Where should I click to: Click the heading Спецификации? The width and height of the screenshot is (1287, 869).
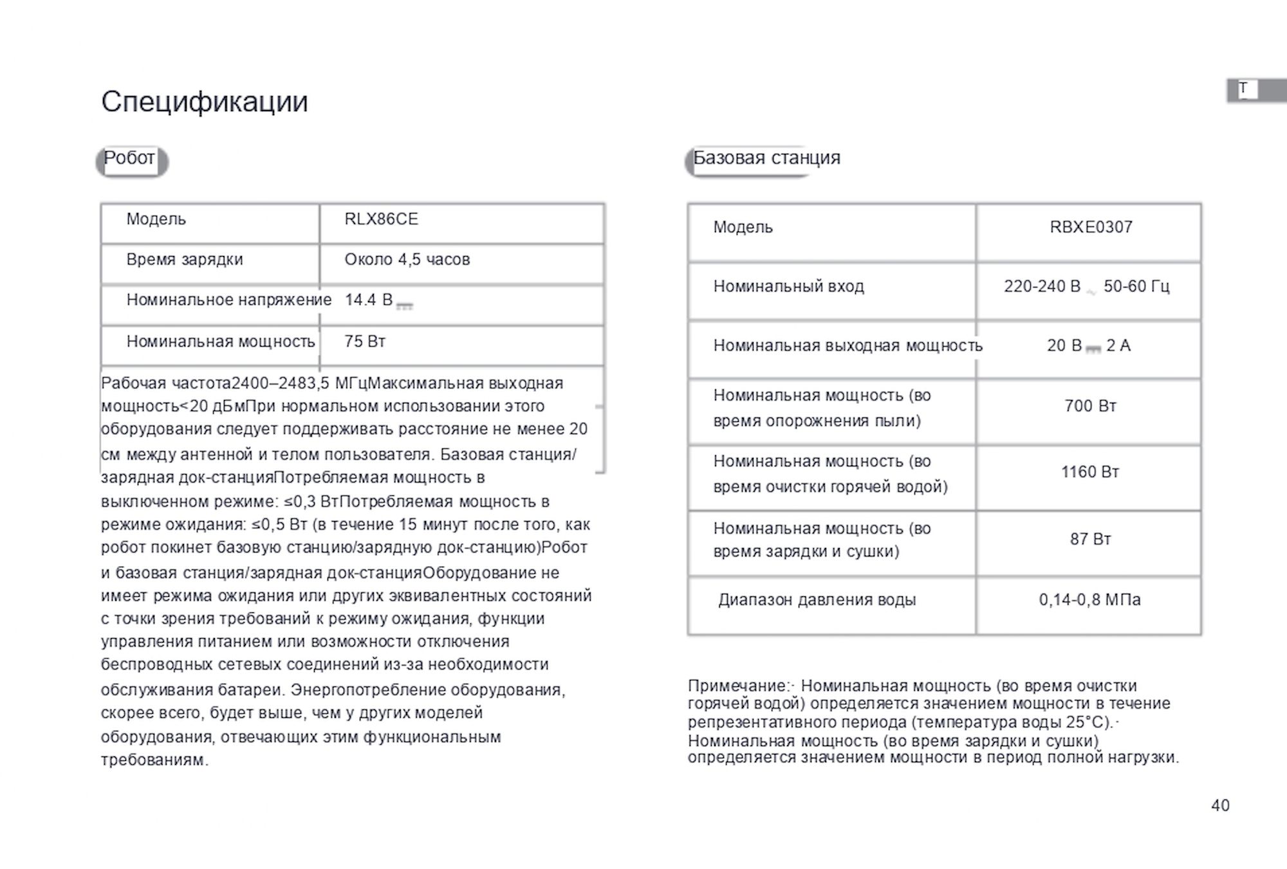click(204, 102)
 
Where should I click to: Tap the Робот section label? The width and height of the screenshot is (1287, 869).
click(129, 158)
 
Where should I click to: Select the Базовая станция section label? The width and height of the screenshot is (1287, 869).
click(766, 158)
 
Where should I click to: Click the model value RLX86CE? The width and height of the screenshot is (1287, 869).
click(381, 219)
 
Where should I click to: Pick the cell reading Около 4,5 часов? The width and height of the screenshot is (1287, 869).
click(407, 260)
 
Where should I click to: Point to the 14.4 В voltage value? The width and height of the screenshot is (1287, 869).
click(369, 300)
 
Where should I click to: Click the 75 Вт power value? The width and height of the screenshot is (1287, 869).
click(364, 342)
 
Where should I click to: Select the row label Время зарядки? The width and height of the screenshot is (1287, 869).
click(184, 260)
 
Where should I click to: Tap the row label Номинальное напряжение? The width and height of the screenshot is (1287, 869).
click(228, 300)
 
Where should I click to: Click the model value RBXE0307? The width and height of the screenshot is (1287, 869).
click(1091, 227)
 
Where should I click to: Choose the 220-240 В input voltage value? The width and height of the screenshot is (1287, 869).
click(1042, 286)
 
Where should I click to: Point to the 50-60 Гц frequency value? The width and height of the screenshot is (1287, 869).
click(1136, 286)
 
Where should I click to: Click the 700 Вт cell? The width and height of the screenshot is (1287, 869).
click(1090, 407)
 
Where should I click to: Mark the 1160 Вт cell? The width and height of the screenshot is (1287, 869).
click(1090, 472)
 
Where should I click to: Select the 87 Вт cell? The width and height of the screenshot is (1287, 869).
click(1090, 539)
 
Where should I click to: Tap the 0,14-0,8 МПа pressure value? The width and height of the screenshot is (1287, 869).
click(1089, 600)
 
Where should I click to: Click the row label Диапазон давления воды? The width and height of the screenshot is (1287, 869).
click(817, 600)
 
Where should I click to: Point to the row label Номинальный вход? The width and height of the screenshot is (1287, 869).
click(788, 286)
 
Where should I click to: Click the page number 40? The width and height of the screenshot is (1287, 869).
click(1220, 805)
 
